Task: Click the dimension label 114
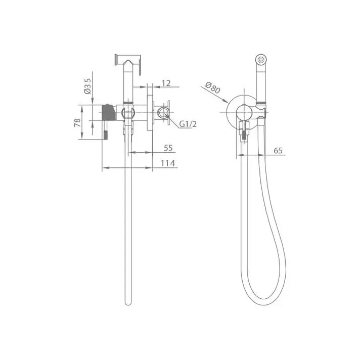tap(167, 163)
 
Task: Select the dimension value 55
tap(168, 148)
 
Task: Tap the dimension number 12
tap(166, 83)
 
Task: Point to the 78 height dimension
tap(77, 122)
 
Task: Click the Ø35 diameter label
tap(87, 86)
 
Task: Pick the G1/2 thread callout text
tap(188, 124)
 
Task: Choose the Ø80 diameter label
tap(212, 87)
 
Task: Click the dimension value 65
tap(278, 151)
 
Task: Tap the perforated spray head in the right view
tap(261, 60)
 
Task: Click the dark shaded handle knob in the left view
tap(108, 112)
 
